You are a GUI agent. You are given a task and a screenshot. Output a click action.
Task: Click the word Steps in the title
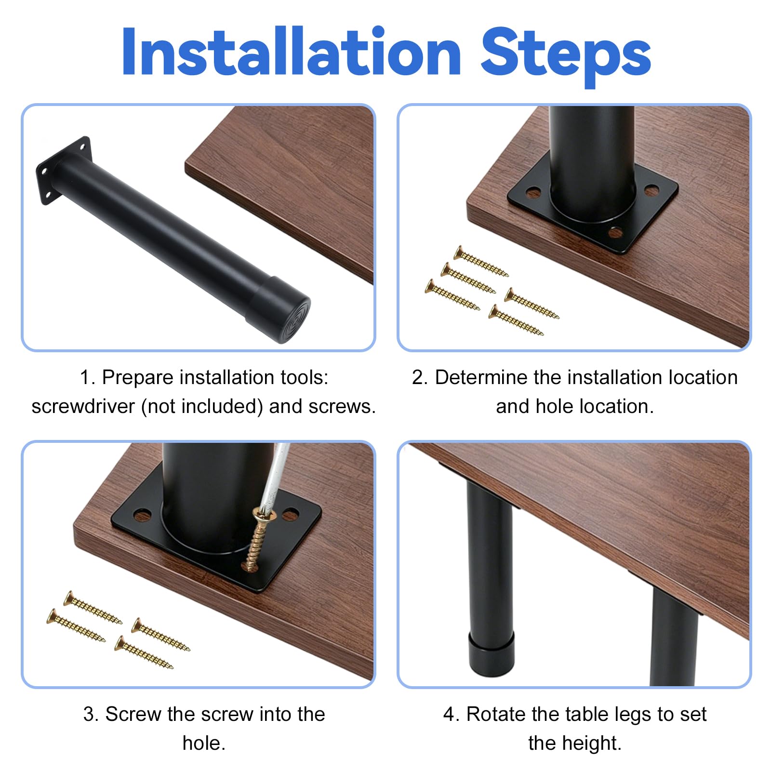[566, 57]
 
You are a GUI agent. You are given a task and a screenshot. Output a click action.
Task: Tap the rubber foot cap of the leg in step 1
[279, 308]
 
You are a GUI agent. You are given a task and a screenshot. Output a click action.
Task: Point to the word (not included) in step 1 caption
[202, 406]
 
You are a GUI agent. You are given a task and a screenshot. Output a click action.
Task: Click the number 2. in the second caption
[420, 377]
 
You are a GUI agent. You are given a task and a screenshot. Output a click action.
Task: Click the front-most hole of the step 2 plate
[615, 233]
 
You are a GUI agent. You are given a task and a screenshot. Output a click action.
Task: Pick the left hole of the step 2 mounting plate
[533, 193]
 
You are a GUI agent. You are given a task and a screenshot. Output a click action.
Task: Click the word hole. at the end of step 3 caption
[204, 743]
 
